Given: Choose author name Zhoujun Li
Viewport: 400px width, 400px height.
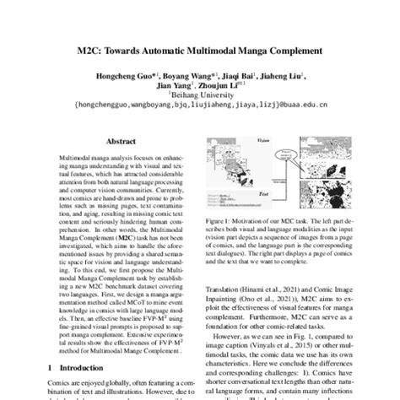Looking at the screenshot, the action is (222, 85).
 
